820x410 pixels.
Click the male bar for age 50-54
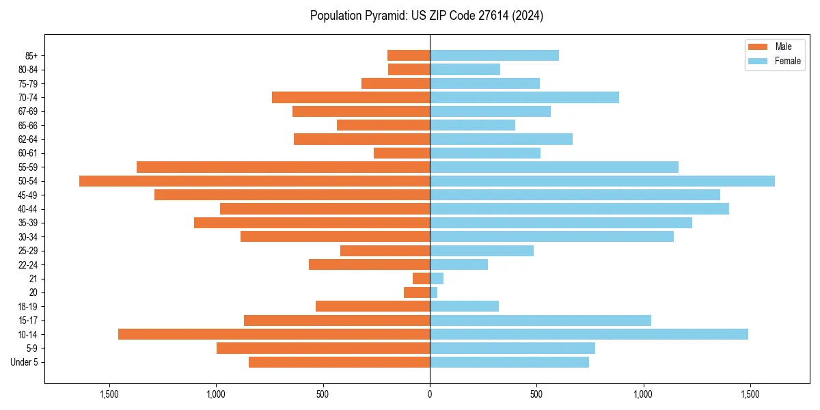[254, 181]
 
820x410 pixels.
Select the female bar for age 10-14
[588, 334]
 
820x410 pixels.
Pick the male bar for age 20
[417, 292]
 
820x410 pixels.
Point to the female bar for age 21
[437, 278]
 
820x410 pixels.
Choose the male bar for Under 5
[339, 362]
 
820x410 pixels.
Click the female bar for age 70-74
[524, 97]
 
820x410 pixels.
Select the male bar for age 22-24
[369, 264]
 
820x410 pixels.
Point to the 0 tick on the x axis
[430, 394]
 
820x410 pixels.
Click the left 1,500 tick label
[109, 394]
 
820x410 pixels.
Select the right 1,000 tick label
[643, 394]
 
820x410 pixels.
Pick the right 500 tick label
[536, 394]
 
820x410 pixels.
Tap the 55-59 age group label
[28, 167]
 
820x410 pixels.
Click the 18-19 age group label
[28, 306]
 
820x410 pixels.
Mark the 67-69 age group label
[28, 111]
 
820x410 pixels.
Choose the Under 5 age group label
[25, 362]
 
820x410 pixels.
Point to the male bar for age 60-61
[402, 153]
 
